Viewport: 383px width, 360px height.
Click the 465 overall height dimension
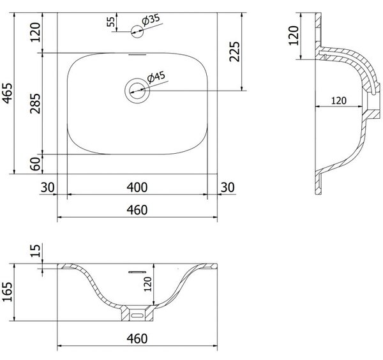point(8,93)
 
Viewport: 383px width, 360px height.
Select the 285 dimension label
point(35,103)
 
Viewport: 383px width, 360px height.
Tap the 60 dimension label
point(35,164)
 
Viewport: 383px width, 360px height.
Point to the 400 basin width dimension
point(137,188)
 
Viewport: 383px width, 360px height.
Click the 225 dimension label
point(235,52)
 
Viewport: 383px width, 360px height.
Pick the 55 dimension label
point(110,22)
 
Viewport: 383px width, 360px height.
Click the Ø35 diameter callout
point(151,20)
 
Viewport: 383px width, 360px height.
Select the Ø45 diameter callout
point(156,77)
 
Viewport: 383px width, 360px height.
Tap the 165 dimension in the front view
point(7,292)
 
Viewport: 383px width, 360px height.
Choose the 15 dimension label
point(35,251)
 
